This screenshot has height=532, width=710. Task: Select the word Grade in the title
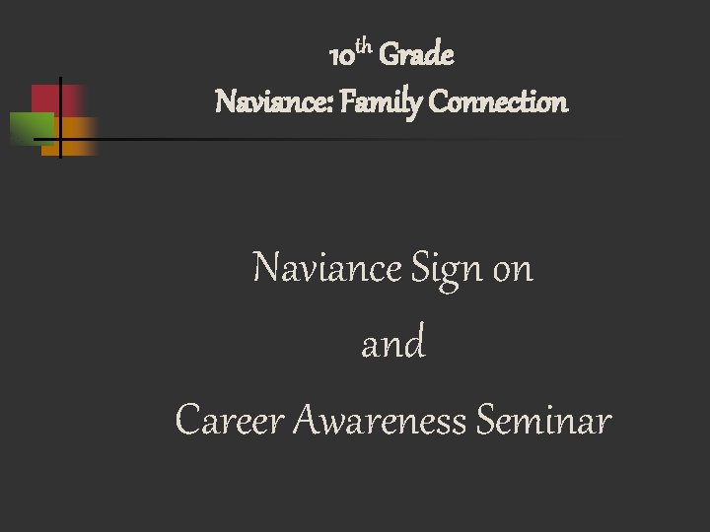click(417, 56)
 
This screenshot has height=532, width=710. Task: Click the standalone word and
click(393, 345)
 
